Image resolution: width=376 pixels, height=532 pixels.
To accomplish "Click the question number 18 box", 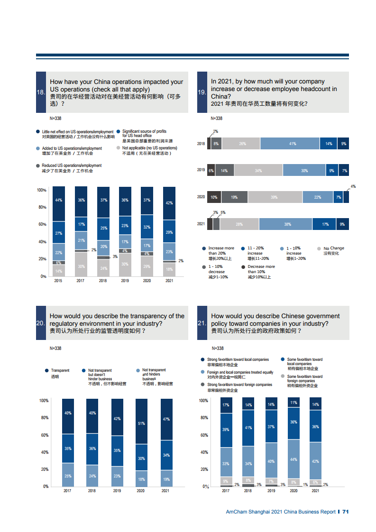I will [x=41, y=92].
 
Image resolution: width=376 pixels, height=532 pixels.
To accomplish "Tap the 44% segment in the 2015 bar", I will [x=59, y=201].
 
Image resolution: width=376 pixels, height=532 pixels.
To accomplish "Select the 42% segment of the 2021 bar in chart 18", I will [x=169, y=203].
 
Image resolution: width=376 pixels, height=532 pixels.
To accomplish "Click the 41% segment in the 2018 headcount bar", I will [x=293, y=144].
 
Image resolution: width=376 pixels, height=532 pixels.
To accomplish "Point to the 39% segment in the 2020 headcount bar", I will [x=274, y=197].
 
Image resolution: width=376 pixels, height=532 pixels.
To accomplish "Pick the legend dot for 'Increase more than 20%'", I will [x=204, y=248].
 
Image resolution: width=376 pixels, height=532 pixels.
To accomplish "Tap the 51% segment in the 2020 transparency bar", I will [x=141, y=423].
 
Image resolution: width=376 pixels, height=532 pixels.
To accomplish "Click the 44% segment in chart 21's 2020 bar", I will [x=293, y=459].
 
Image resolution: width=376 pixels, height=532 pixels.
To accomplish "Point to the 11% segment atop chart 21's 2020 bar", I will [x=293, y=403].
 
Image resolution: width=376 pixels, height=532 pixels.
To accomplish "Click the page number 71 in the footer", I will [x=346, y=512].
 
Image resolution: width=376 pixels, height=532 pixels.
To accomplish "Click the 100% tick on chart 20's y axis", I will [x=44, y=401].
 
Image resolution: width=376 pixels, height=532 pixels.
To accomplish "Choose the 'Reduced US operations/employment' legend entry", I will [x=71, y=165].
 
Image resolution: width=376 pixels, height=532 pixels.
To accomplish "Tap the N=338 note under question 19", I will [x=217, y=119].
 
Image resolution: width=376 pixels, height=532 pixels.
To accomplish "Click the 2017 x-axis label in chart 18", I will [x=81, y=281].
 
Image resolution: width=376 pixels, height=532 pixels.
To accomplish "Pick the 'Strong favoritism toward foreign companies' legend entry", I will [x=239, y=385].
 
